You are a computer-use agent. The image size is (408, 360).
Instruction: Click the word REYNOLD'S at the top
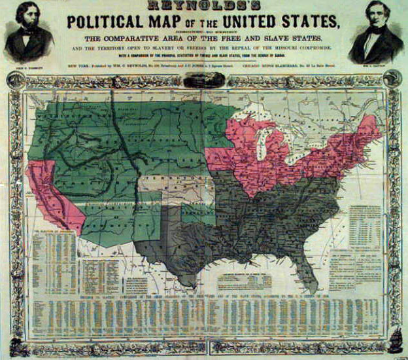(203, 5)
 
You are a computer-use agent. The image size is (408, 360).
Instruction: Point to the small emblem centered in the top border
(203, 82)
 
